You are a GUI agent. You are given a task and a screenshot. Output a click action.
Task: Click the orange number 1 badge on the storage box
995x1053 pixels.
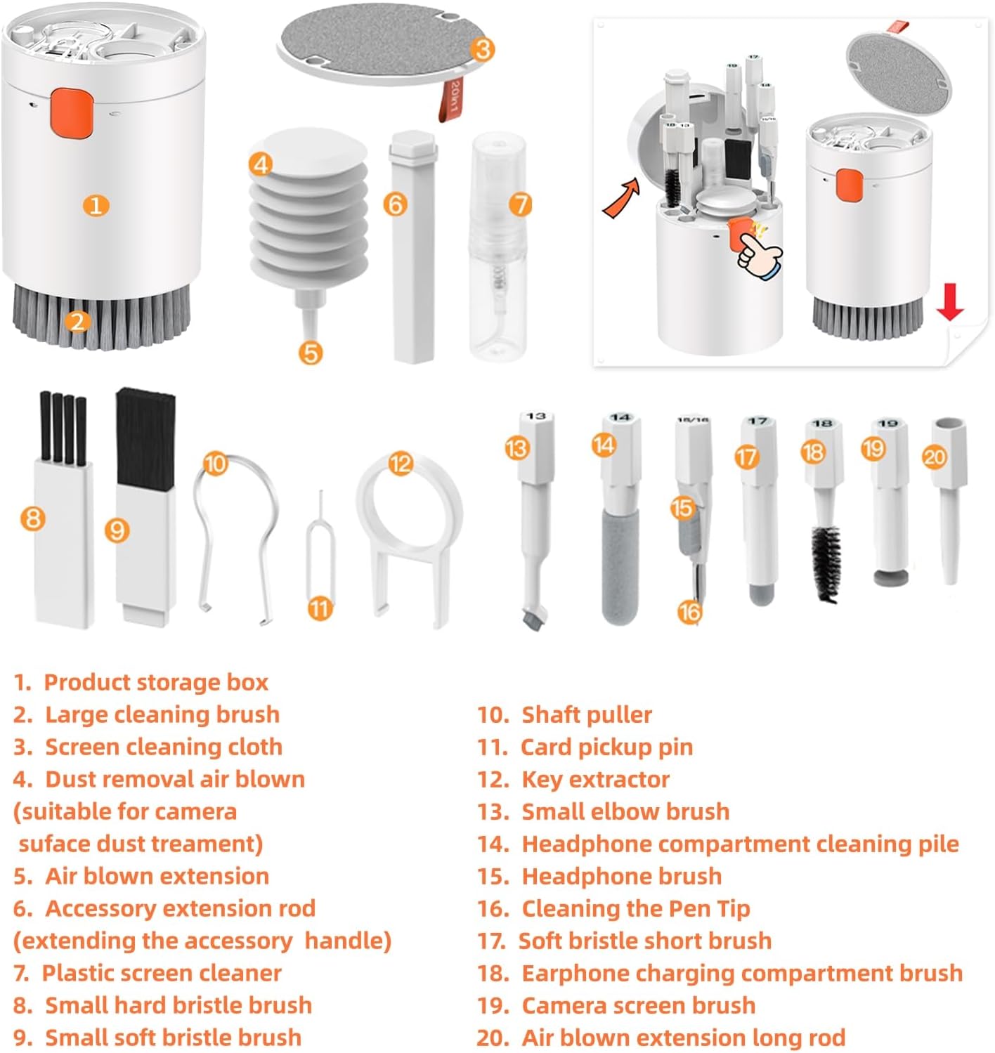[x=96, y=206]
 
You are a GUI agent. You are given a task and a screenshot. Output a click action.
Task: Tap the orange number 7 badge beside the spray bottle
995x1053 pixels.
[x=520, y=204]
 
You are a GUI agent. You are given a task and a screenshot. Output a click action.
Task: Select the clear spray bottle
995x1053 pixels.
[x=499, y=247]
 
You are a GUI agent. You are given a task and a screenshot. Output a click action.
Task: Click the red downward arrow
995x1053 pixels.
[x=949, y=301]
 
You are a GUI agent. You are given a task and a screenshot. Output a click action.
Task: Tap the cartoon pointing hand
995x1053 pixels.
[x=758, y=254]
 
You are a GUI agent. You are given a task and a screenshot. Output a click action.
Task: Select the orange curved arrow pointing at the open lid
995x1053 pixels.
[x=622, y=198]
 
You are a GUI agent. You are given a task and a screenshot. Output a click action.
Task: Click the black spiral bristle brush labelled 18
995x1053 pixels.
[x=826, y=563]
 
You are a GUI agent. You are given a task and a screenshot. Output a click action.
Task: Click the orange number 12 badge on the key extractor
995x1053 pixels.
[x=401, y=464]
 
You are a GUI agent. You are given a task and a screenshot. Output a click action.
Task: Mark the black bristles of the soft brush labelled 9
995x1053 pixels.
[x=145, y=439]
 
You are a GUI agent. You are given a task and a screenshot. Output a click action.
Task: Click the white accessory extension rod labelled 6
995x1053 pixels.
[x=413, y=247]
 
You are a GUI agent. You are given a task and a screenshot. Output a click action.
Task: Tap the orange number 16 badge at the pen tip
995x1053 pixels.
[x=689, y=613]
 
